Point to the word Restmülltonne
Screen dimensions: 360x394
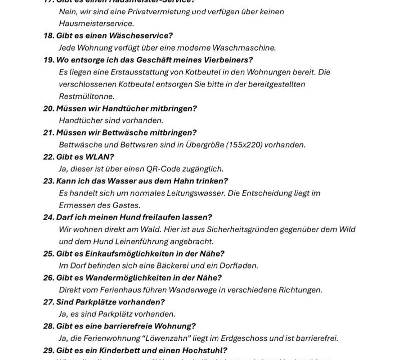[x=87, y=96]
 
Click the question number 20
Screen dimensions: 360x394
[x=49, y=108]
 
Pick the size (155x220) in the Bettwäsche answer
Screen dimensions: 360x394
[x=244, y=144]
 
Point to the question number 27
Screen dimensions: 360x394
[x=49, y=302]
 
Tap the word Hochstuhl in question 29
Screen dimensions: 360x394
[x=204, y=350]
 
